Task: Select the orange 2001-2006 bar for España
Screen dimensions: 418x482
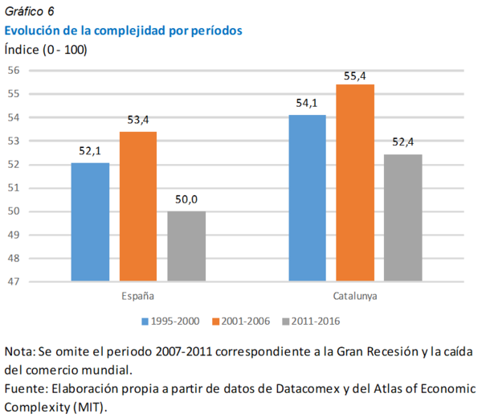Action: point(138,207)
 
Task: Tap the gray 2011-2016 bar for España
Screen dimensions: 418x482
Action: point(186,246)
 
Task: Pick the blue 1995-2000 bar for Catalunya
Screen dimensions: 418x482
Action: point(307,199)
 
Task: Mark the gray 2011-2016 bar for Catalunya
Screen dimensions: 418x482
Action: point(403,218)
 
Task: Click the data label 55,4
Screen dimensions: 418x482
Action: point(355,76)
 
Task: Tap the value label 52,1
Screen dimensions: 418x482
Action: point(90,150)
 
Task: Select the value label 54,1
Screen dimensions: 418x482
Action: point(307,103)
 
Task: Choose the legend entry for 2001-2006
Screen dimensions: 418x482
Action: point(241,322)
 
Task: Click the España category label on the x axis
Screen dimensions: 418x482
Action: point(138,295)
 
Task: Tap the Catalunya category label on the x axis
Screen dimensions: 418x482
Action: point(355,295)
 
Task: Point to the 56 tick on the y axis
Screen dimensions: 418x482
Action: point(14,71)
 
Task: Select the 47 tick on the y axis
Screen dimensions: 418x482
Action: point(14,282)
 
